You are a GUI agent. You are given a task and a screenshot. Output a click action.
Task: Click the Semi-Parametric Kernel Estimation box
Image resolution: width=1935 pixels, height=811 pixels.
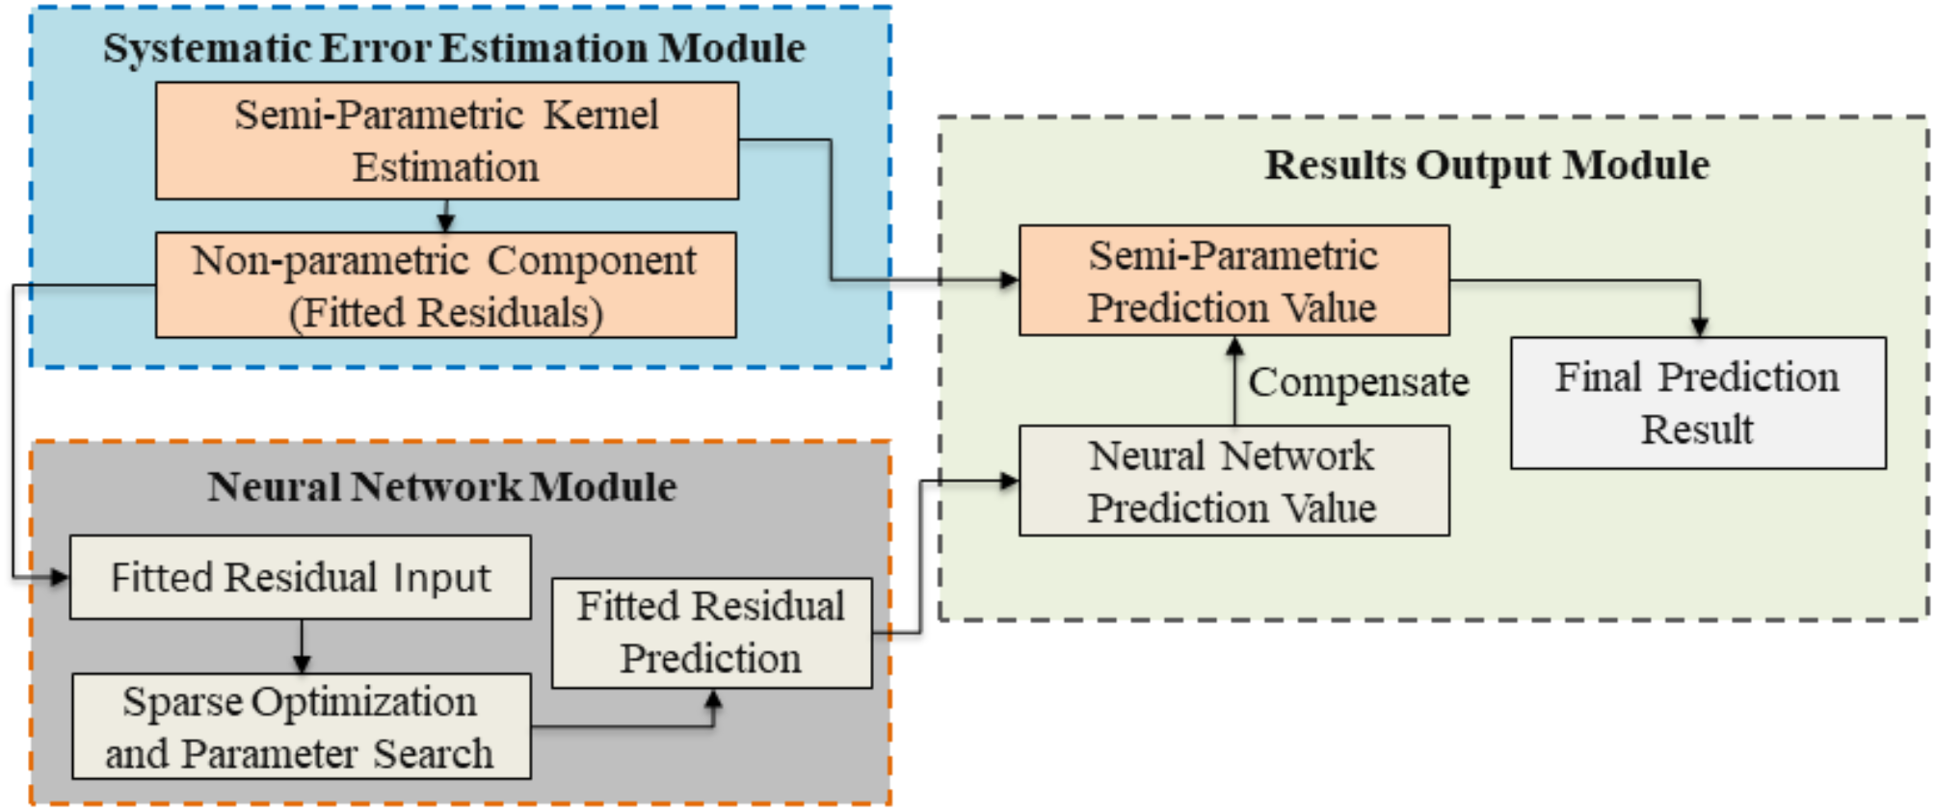coord(446,141)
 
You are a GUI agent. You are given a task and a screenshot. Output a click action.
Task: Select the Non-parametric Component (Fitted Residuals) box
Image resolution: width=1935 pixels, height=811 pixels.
coord(445,285)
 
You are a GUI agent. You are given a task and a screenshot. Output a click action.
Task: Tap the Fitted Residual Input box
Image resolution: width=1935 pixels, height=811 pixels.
coord(300,577)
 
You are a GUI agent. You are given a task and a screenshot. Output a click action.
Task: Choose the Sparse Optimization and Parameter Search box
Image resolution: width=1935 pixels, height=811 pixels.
coord(301,726)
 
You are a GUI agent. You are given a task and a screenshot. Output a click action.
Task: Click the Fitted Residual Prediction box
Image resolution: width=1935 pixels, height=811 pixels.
coord(711,633)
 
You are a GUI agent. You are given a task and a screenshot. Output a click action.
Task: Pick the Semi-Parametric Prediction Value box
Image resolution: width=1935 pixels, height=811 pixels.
coord(1233,280)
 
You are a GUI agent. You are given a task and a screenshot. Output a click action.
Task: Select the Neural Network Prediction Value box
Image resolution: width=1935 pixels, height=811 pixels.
coord(1233,481)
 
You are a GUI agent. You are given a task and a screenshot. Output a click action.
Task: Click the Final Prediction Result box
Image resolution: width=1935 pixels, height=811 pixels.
coord(1697,403)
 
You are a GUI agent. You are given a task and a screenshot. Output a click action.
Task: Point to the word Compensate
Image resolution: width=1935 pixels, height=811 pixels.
coord(1358,382)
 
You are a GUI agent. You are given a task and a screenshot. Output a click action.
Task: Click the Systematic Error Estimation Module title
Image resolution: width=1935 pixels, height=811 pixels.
coord(454,48)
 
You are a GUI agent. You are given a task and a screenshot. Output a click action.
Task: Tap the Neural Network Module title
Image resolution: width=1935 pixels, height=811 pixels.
coord(442,486)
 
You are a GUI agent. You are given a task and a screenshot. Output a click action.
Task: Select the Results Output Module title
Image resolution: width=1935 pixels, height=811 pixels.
coord(1486,165)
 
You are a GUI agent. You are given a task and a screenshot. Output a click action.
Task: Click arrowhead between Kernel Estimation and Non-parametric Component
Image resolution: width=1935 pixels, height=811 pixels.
coord(445,222)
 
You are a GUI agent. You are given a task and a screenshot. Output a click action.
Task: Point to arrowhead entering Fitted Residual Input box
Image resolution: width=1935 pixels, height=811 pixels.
coord(60,577)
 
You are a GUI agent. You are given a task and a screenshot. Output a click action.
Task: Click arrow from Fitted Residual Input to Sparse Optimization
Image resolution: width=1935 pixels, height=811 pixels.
coord(302,647)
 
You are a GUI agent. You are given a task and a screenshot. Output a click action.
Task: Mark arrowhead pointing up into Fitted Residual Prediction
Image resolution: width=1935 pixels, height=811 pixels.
coord(713,699)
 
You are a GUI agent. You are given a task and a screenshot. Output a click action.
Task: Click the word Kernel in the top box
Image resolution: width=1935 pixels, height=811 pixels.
coord(601,116)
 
